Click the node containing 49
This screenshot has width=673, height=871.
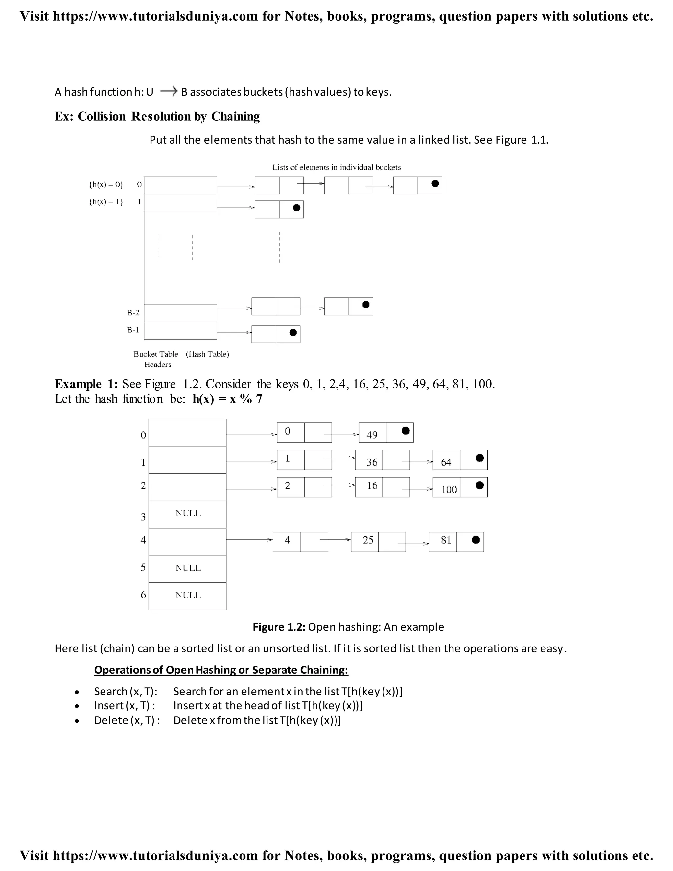point(372,435)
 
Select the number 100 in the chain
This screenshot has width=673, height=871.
point(449,489)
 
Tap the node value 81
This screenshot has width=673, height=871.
point(446,540)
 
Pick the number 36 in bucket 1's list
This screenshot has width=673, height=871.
point(372,462)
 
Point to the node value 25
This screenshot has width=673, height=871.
point(368,540)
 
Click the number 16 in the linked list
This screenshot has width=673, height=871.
point(372,486)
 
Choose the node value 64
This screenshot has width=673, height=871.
point(446,462)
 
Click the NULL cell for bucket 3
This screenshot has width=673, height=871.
point(188,514)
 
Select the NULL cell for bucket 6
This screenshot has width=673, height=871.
point(188,596)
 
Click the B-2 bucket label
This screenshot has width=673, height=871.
point(133,313)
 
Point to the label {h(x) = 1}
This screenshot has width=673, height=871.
point(106,202)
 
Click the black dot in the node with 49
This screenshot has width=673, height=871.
point(406,431)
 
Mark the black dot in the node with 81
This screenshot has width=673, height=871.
point(476,540)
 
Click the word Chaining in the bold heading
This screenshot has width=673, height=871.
point(235,116)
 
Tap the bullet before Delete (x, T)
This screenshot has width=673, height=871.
point(77,721)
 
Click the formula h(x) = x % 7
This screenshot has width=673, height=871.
point(227,399)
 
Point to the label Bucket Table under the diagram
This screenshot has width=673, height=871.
point(156,354)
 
